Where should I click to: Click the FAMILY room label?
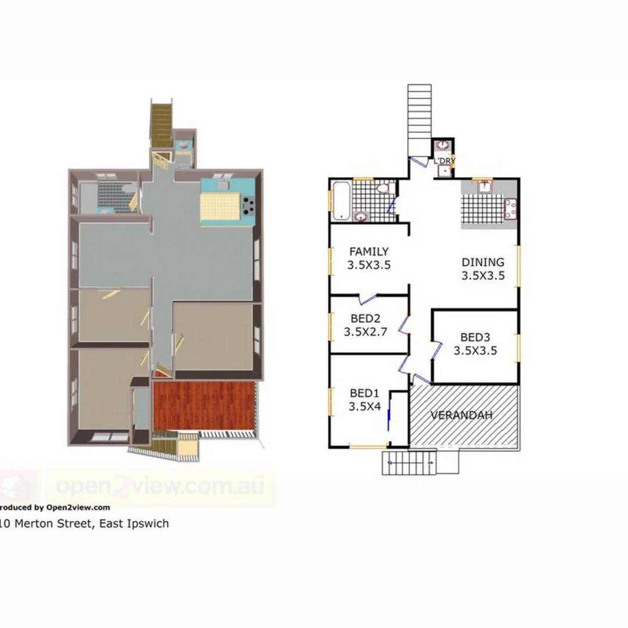369,252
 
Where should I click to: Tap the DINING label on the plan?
483,262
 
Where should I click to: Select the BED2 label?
366,319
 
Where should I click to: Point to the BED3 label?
475,337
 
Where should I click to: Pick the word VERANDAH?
462,415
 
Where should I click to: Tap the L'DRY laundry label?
444,160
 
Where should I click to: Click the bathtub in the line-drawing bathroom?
340,201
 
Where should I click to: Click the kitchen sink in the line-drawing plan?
483,187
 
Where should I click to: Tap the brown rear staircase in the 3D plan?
162,123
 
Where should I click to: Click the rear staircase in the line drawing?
419,116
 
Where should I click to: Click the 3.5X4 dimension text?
365,406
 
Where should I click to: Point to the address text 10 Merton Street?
84,523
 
